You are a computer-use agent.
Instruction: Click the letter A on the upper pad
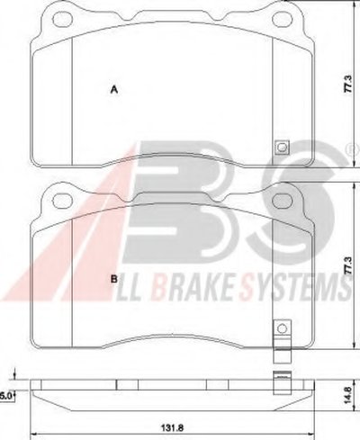coord(114,90)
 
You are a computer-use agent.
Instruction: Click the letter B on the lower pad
coord(114,279)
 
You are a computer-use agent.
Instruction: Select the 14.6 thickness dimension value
coord(347,395)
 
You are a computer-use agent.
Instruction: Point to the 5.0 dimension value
coord(5,396)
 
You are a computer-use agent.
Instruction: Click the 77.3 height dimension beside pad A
coord(347,84)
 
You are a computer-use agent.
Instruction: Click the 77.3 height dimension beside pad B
coord(347,265)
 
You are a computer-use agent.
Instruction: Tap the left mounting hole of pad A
coord(62,19)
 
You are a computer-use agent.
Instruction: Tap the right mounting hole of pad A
coord(283,19)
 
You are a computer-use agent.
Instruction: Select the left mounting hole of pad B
coord(62,199)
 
